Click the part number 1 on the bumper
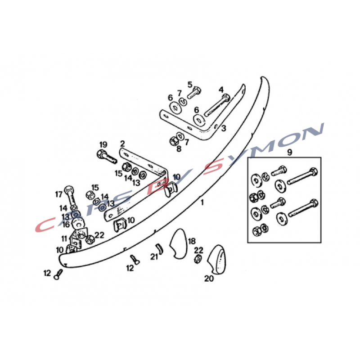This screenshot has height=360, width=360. coord(202,202)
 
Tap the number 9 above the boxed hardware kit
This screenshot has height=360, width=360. coord(289,152)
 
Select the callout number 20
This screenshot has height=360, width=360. coord(209,279)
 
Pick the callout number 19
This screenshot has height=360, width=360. coord(103,144)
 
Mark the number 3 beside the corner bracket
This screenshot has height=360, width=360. coord(224,128)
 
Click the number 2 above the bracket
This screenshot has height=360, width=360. coord(122,144)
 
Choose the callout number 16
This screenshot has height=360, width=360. coord(66,224)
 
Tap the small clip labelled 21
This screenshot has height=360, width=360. coord(159,248)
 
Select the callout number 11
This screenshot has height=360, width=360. coord(64,239)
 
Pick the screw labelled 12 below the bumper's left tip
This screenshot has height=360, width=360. coord(58,274)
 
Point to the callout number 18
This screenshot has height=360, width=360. coord(192,241)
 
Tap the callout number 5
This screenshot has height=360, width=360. coord(189,85)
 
